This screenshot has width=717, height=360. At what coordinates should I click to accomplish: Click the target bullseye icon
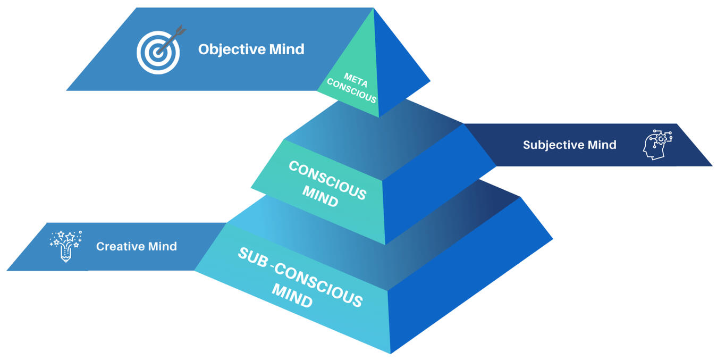coord(157,52)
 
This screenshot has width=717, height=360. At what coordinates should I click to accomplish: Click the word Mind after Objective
coord(286,49)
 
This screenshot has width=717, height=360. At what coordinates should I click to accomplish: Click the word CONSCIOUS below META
coord(351,91)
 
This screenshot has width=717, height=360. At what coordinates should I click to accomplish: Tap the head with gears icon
coord(657,143)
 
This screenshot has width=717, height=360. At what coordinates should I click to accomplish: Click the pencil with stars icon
coord(66,246)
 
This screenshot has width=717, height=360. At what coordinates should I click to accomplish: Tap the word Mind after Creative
coord(163,247)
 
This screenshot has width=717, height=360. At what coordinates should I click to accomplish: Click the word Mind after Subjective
coord(602,145)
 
